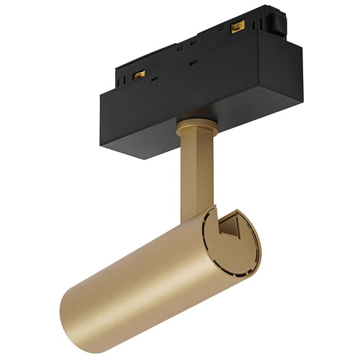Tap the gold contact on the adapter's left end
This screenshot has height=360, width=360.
coord(139,73)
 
